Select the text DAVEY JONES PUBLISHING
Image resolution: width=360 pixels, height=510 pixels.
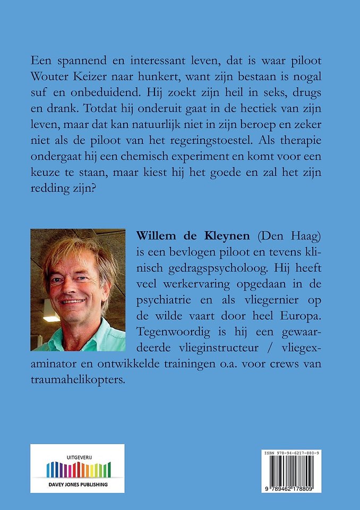click(78, 484)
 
